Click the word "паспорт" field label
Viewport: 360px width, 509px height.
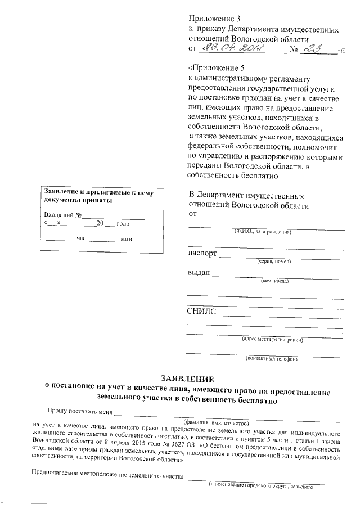pyautogui.click(x=202, y=254)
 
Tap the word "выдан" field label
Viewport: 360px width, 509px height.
pyautogui.click(x=198, y=273)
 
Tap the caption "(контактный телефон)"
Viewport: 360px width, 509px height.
pyautogui.click(x=271, y=358)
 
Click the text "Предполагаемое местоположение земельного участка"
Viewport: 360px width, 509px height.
pyautogui.click(x=108, y=477)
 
